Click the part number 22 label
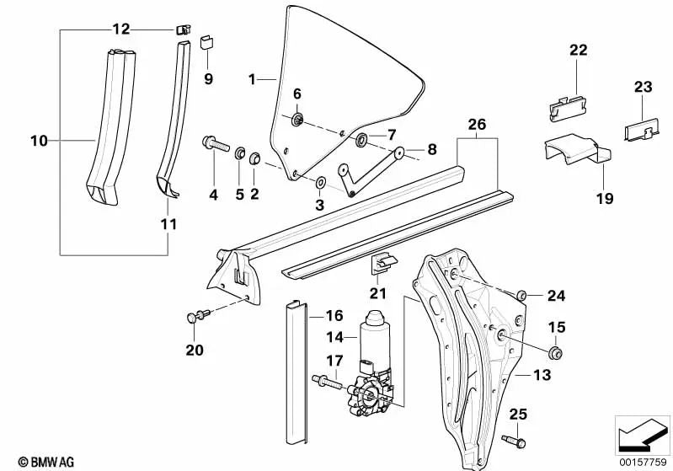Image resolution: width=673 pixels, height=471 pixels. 577,50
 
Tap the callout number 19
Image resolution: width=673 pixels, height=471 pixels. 581,199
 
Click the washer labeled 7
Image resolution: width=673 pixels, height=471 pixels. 362,139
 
